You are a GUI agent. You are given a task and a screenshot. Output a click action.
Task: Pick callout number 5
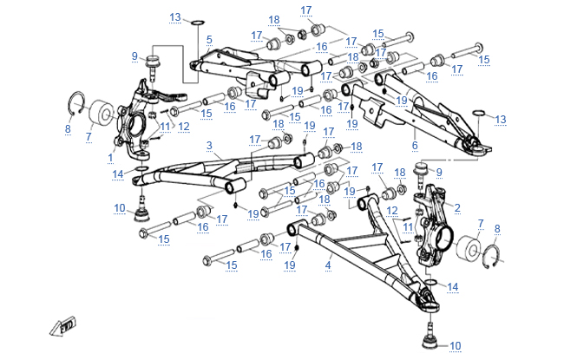[209, 39]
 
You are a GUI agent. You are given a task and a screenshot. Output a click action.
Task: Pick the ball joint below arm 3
[143, 213]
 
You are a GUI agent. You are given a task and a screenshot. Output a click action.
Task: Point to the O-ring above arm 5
[198, 21]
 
